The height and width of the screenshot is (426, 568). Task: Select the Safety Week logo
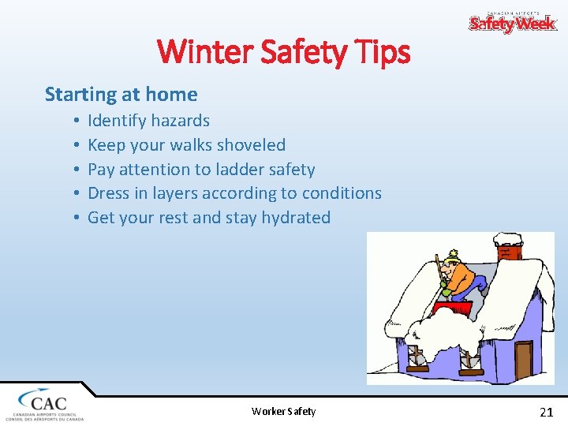coord(513,23)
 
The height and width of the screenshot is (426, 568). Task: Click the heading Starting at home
coord(121,95)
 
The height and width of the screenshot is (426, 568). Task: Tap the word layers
coord(181,193)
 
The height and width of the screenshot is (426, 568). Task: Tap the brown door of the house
coord(523,360)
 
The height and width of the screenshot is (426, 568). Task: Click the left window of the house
coord(415,360)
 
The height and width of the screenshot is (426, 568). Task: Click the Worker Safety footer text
coord(283,411)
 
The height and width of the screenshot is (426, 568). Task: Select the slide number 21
coord(546,411)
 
